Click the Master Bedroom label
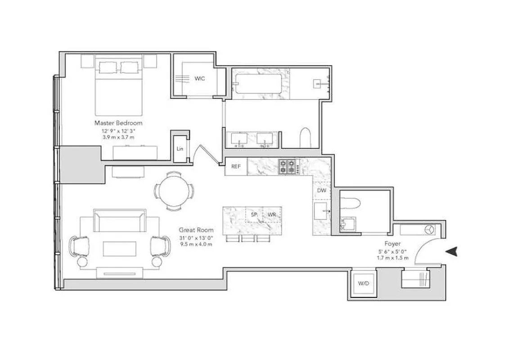click(118, 123)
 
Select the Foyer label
click(392, 243)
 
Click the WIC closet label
click(200, 79)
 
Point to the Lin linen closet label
click(180, 149)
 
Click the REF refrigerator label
click(235, 166)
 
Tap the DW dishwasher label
click(322, 190)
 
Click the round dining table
click(175, 191)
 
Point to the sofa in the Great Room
click(119, 220)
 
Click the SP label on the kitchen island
click(254, 215)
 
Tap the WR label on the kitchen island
click(271, 215)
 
